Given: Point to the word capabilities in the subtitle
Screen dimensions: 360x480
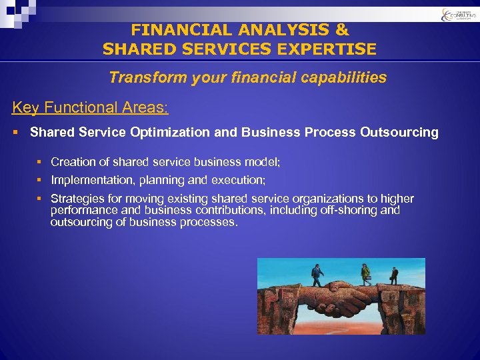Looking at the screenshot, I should (x=346, y=77).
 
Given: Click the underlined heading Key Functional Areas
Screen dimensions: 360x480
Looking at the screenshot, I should (x=90, y=107).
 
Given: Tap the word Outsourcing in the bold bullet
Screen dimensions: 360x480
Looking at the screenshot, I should (x=399, y=132).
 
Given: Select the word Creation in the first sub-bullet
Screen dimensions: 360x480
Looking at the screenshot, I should (x=72, y=161).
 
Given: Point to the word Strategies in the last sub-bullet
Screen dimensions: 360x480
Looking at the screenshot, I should (x=76, y=199).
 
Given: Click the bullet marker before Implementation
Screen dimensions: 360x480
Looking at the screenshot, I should (x=40, y=180).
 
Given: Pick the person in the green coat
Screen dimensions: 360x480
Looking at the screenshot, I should (x=365, y=274).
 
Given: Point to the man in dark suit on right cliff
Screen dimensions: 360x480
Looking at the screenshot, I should (x=394, y=275).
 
